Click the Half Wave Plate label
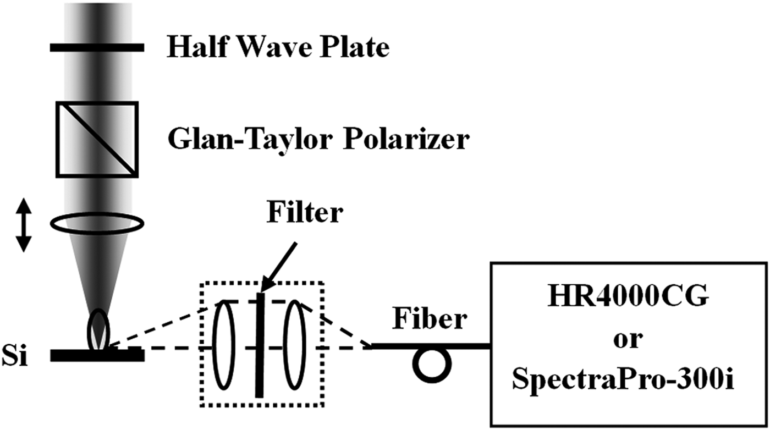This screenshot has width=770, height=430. pyautogui.click(x=278, y=47)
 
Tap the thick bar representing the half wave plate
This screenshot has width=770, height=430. pyautogui.click(x=97, y=48)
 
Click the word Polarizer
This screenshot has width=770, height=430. pyautogui.click(x=407, y=140)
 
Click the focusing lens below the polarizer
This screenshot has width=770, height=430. pyautogui.click(x=97, y=224)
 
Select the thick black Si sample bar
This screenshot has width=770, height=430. pyautogui.click(x=97, y=356)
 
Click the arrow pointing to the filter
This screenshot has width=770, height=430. pyautogui.click(x=279, y=267)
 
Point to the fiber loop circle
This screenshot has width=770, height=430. pyautogui.click(x=432, y=365)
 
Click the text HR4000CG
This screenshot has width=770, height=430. pyautogui.click(x=628, y=300)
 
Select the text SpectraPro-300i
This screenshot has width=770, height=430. pyautogui.click(x=628, y=380)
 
